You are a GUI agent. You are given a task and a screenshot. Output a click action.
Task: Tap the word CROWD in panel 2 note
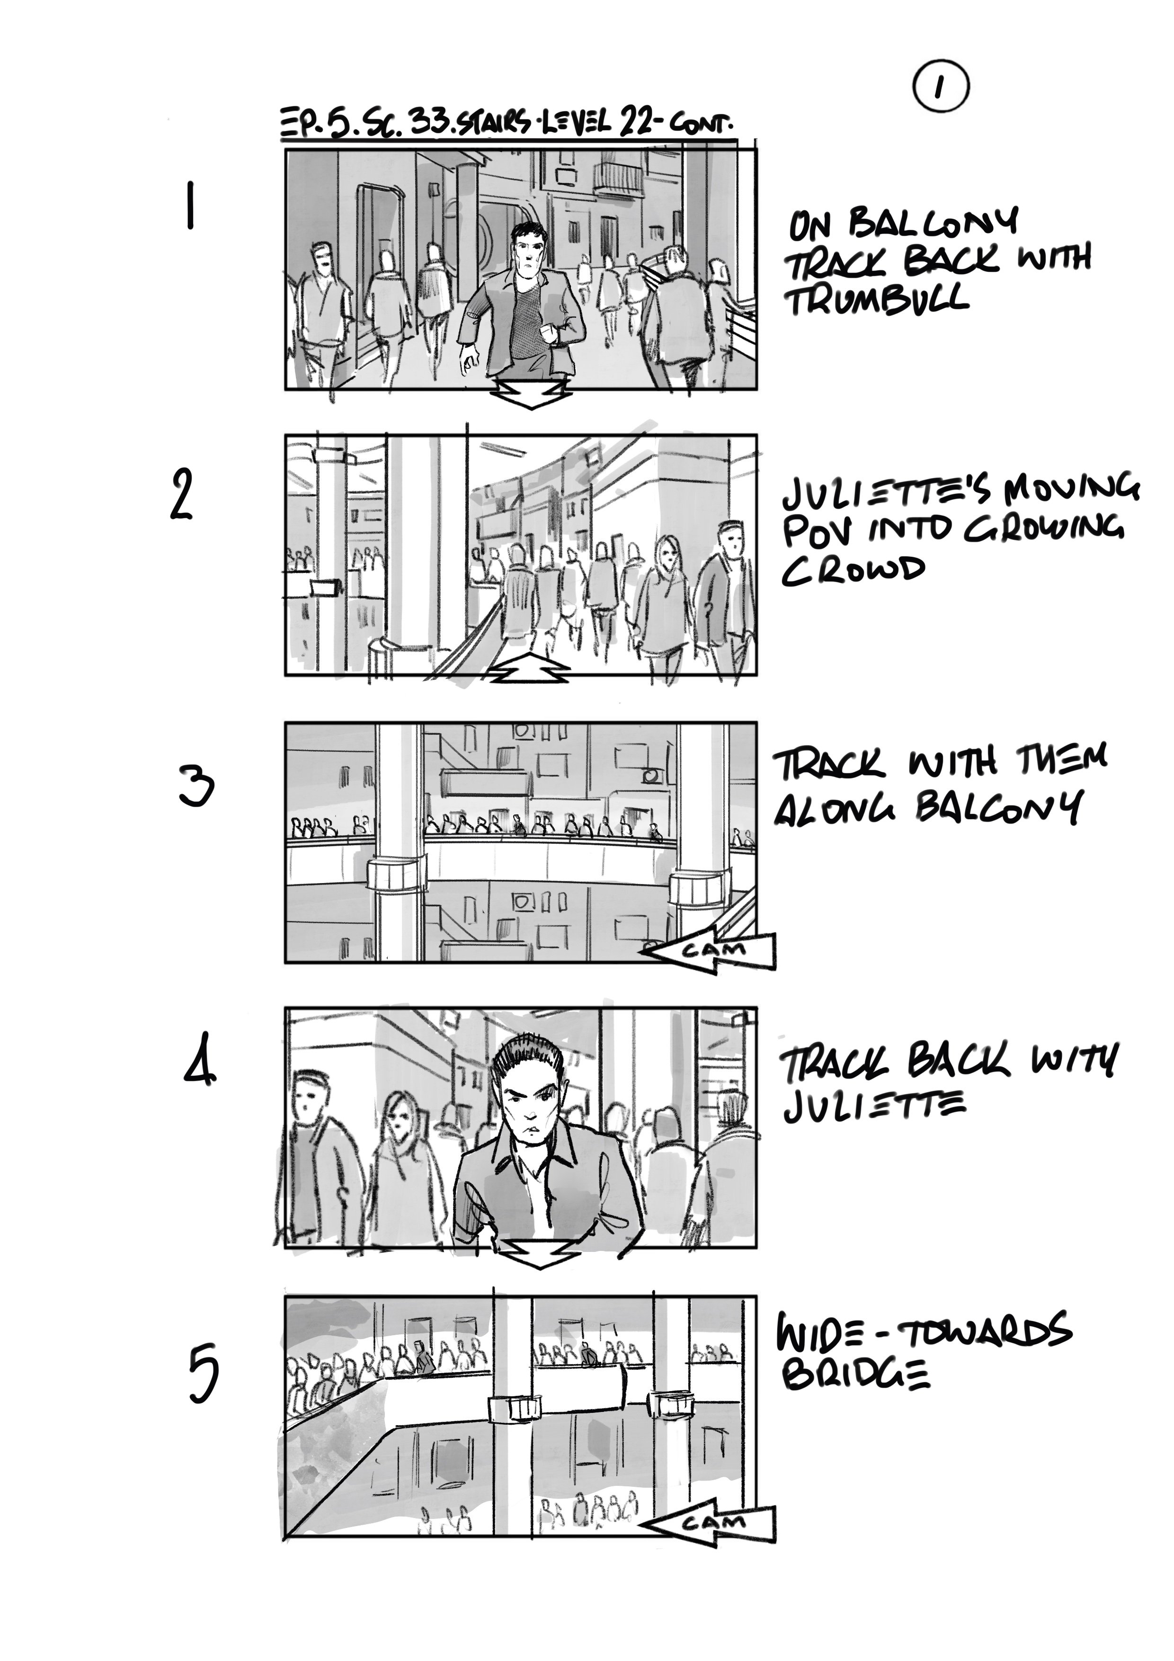pos(854,571)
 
